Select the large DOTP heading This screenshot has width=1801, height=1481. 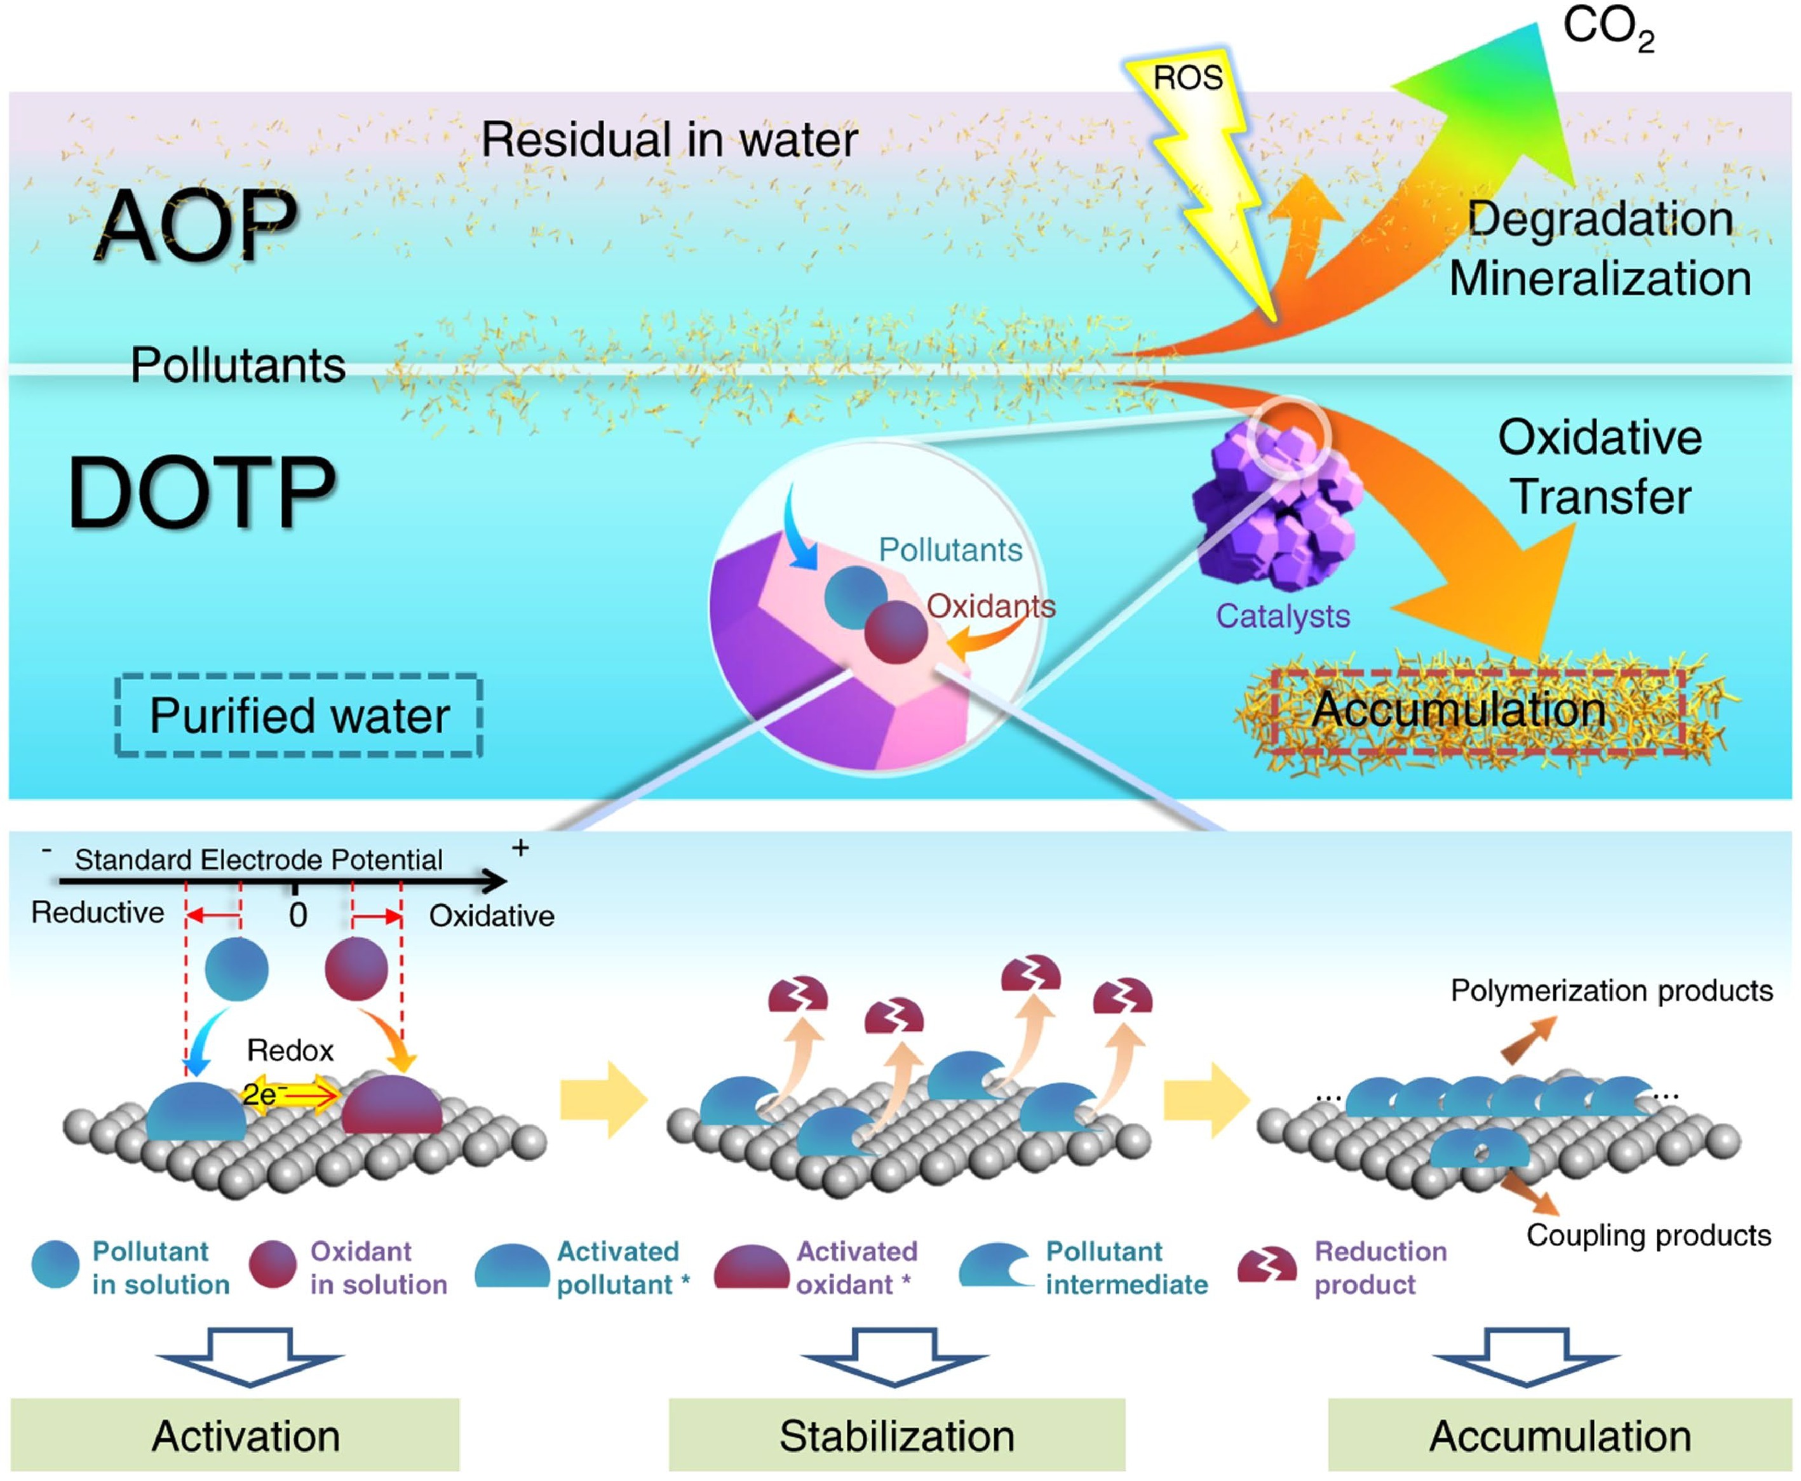pyautogui.click(x=201, y=492)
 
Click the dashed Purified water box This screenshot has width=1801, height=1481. pyautogui.click(x=299, y=715)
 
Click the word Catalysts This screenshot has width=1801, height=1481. pyautogui.click(x=1282, y=616)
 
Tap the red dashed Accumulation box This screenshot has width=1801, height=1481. pyautogui.click(x=1476, y=711)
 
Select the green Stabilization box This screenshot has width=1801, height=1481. pyautogui.click(x=896, y=1437)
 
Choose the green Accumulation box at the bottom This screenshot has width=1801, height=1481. pyautogui.click(x=1560, y=1437)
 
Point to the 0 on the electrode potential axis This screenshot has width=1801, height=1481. pyautogui.click(x=297, y=915)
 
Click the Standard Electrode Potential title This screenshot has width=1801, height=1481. pyautogui.click(x=259, y=859)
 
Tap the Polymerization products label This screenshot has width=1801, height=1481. pyautogui.click(x=1612, y=991)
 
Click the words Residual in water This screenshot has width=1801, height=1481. pyautogui.click(x=669, y=139)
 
